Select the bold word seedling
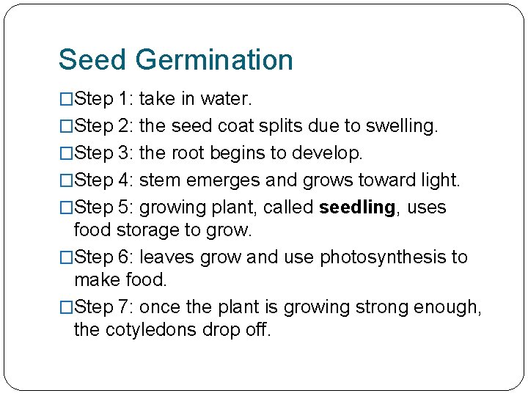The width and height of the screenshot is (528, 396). point(357,208)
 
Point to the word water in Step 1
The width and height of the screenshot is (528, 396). point(227,98)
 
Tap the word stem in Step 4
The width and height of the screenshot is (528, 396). point(158,180)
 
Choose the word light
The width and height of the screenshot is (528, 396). point(439,180)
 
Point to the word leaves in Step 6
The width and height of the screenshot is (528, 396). point(161,257)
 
